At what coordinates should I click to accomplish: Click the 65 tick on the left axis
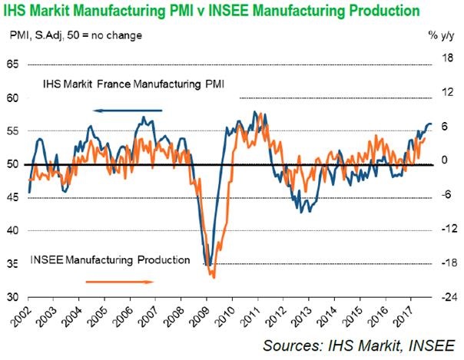pos(13,64)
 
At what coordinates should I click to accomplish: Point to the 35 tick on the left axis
pos(13,264)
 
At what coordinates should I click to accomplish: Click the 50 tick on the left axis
pos(13,164)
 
